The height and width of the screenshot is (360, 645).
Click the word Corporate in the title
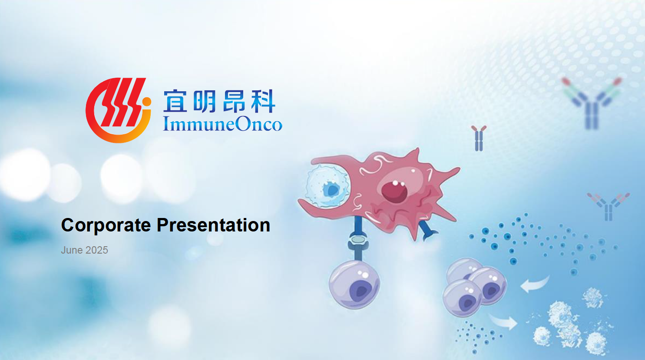[106, 225]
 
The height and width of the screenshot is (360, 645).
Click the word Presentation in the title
[213, 225]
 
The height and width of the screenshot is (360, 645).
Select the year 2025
[96, 250]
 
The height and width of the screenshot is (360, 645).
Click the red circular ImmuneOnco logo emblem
[118, 110]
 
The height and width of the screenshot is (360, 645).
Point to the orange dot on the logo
[146, 101]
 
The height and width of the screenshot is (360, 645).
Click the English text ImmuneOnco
[222, 124]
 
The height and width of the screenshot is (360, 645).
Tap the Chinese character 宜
[175, 101]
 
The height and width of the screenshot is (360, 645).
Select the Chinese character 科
[263, 101]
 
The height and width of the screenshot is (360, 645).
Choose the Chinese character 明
[205, 101]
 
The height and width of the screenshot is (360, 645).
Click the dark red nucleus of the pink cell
[394, 191]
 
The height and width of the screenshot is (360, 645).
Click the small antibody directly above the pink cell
[479, 138]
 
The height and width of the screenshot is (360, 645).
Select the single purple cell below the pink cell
[354, 284]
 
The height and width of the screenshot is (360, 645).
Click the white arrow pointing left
[534, 284]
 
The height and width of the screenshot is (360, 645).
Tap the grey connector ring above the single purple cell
[357, 240]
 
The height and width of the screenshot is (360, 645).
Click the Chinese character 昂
[234, 101]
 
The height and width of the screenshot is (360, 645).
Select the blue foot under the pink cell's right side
[428, 230]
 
